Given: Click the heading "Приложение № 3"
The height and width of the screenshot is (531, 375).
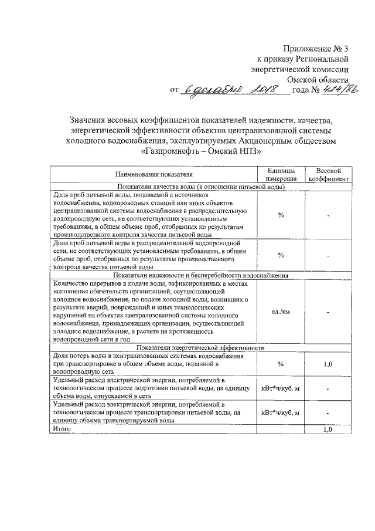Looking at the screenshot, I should pyautogui.click(x=316, y=49).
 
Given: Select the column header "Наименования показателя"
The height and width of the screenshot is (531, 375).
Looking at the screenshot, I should pyautogui.click(x=154, y=174).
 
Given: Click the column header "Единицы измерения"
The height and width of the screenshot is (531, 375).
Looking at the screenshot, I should pyautogui.click(x=281, y=174).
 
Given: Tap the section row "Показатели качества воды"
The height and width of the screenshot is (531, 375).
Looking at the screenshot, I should pyautogui.click(x=200, y=187).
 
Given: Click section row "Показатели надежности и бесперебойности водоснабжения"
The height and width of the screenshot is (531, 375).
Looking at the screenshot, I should pyautogui.click(x=200, y=275).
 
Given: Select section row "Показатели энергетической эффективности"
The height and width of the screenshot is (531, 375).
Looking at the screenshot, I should pyautogui.click(x=200, y=347).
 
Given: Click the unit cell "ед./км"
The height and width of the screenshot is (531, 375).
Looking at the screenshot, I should pyautogui.click(x=281, y=311).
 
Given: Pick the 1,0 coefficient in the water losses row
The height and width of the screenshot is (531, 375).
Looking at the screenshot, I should pyautogui.click(x=329, y=364).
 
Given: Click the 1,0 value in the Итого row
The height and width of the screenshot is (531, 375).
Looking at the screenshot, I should pyautogui.click(x=329, y=429).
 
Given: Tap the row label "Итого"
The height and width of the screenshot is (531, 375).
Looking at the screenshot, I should pyautogui.click(x=62, y=429).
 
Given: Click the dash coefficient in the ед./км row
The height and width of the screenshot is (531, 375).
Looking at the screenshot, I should pyautogui.click(x=329, y=312).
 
